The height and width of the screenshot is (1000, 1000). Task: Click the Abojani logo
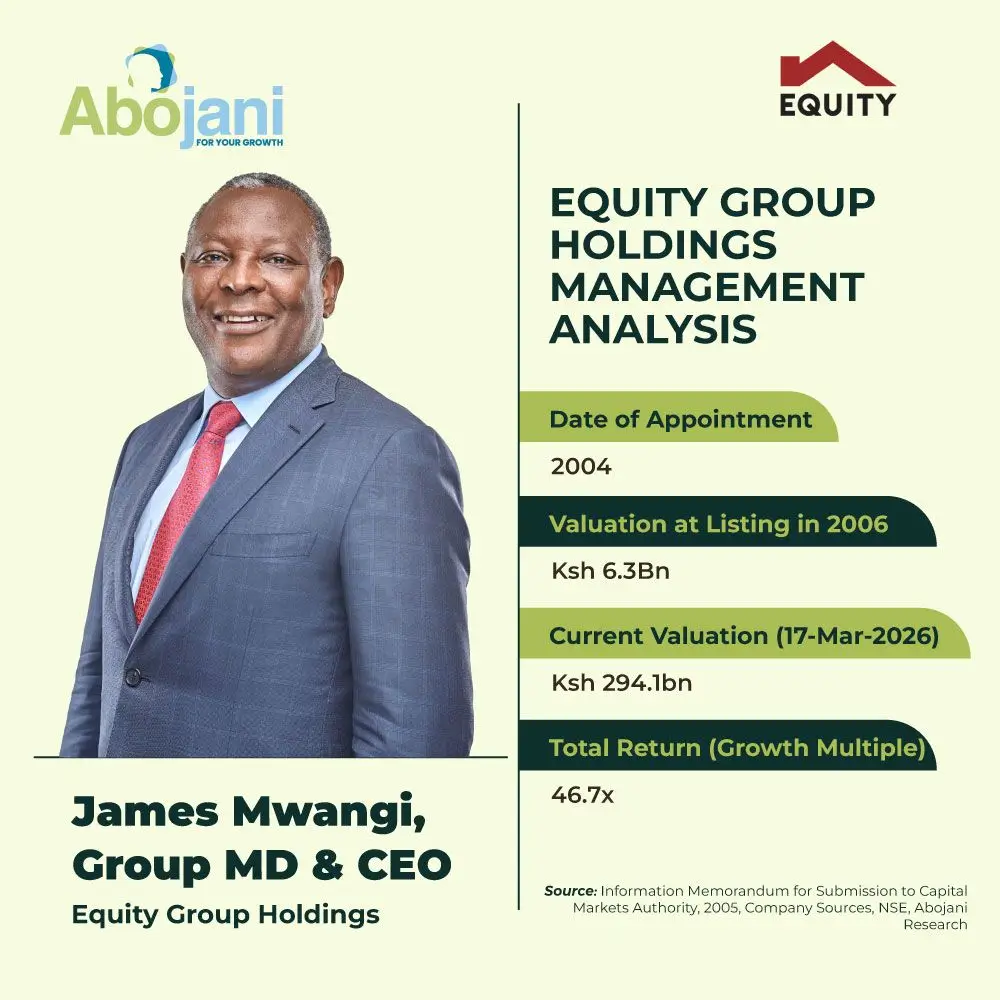coord(171,100)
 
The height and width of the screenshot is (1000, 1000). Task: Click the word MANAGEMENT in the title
coord(706,288)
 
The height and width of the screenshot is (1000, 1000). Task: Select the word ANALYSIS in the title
coord(653,329)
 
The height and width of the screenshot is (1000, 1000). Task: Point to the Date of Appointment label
coord(680,419)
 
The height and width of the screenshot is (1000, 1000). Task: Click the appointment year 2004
coord(581,466)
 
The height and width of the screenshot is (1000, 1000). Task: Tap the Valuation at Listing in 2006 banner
coord(718,523)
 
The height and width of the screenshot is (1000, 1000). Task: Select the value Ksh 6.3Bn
coord(610,573)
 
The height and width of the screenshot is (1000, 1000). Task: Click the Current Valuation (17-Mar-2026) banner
coord(744,635)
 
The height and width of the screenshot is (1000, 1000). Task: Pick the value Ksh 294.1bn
coord(622,684)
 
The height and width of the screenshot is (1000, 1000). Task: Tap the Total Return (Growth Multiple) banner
coord(736,747)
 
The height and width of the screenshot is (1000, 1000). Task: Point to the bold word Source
coord(570,890)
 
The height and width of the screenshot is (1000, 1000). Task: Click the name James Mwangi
coord(249,813)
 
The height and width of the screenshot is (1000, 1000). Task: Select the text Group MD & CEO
coord(261,865)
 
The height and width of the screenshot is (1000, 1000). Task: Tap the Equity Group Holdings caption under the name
coord(225,914)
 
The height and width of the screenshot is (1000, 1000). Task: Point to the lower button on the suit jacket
coord(131,677)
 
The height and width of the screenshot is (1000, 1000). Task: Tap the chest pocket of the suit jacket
coord(262,545)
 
